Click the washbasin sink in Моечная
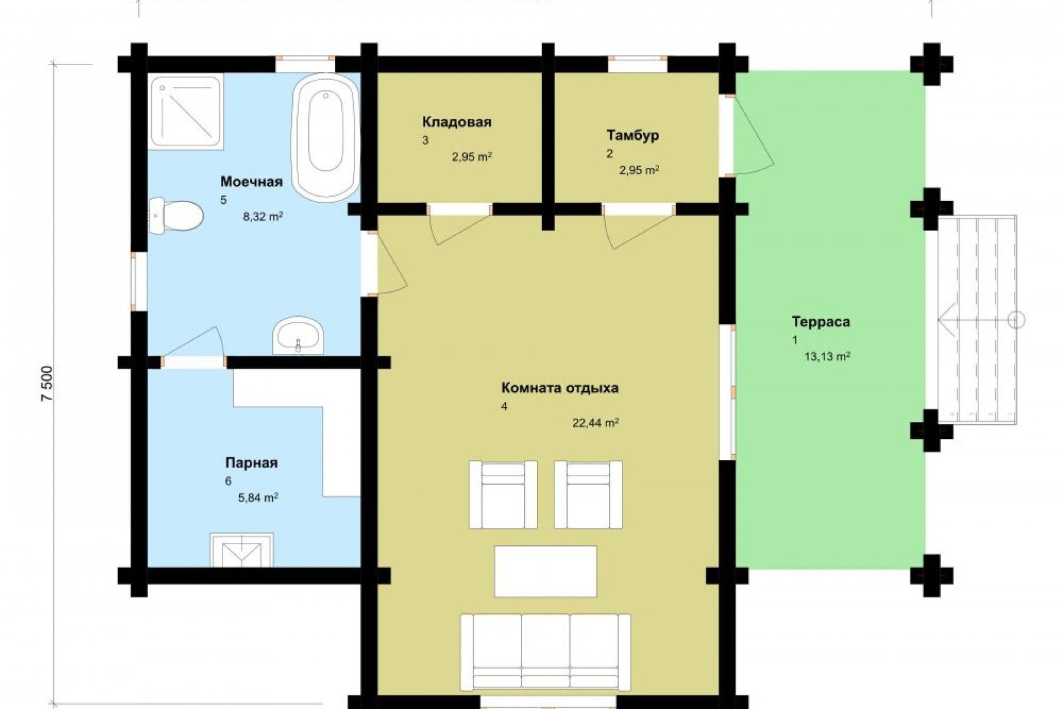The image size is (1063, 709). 298,337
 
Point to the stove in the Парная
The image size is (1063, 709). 242,550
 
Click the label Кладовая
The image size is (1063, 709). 456,122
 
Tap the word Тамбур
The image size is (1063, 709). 632,135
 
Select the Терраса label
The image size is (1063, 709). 821,322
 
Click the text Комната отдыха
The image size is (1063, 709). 560,388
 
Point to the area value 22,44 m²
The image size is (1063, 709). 595,423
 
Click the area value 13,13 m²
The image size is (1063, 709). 827,357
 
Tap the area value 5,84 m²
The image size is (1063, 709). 258,497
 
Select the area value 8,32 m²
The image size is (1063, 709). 262,216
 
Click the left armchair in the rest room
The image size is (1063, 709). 503,495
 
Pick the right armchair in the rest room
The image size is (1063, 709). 588,495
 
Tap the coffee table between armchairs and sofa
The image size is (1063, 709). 546,571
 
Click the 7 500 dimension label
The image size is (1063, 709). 48,384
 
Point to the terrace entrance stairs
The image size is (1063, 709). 977,320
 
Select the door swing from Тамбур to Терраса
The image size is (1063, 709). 753,135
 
